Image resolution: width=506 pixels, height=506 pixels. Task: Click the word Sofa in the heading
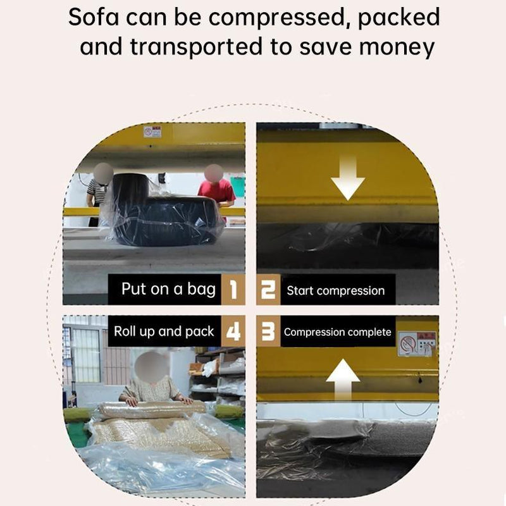coord(94,18)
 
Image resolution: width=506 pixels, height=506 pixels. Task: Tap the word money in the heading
coord(397,47)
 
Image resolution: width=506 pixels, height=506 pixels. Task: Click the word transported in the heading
coord(196,47)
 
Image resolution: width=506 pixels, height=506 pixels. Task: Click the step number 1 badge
coord(233,290)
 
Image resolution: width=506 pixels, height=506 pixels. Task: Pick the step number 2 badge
coord(268,290)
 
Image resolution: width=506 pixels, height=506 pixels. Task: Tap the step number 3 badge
coord(268,331)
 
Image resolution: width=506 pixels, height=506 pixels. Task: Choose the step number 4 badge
coord(233,331)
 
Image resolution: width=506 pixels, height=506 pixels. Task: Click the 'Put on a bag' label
coord(168,289)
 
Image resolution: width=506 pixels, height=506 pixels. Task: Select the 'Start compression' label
coord(336,291)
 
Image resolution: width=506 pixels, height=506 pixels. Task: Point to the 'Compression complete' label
coord(338,332)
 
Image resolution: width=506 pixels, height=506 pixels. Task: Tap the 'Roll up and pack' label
coord(164,331)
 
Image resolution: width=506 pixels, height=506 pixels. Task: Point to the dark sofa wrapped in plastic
coord(163,210)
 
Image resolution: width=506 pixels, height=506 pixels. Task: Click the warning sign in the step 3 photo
coord(417,343)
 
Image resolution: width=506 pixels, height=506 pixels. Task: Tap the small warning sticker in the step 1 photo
coord(152,132)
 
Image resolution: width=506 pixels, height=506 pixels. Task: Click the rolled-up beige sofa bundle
coord(152,409)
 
